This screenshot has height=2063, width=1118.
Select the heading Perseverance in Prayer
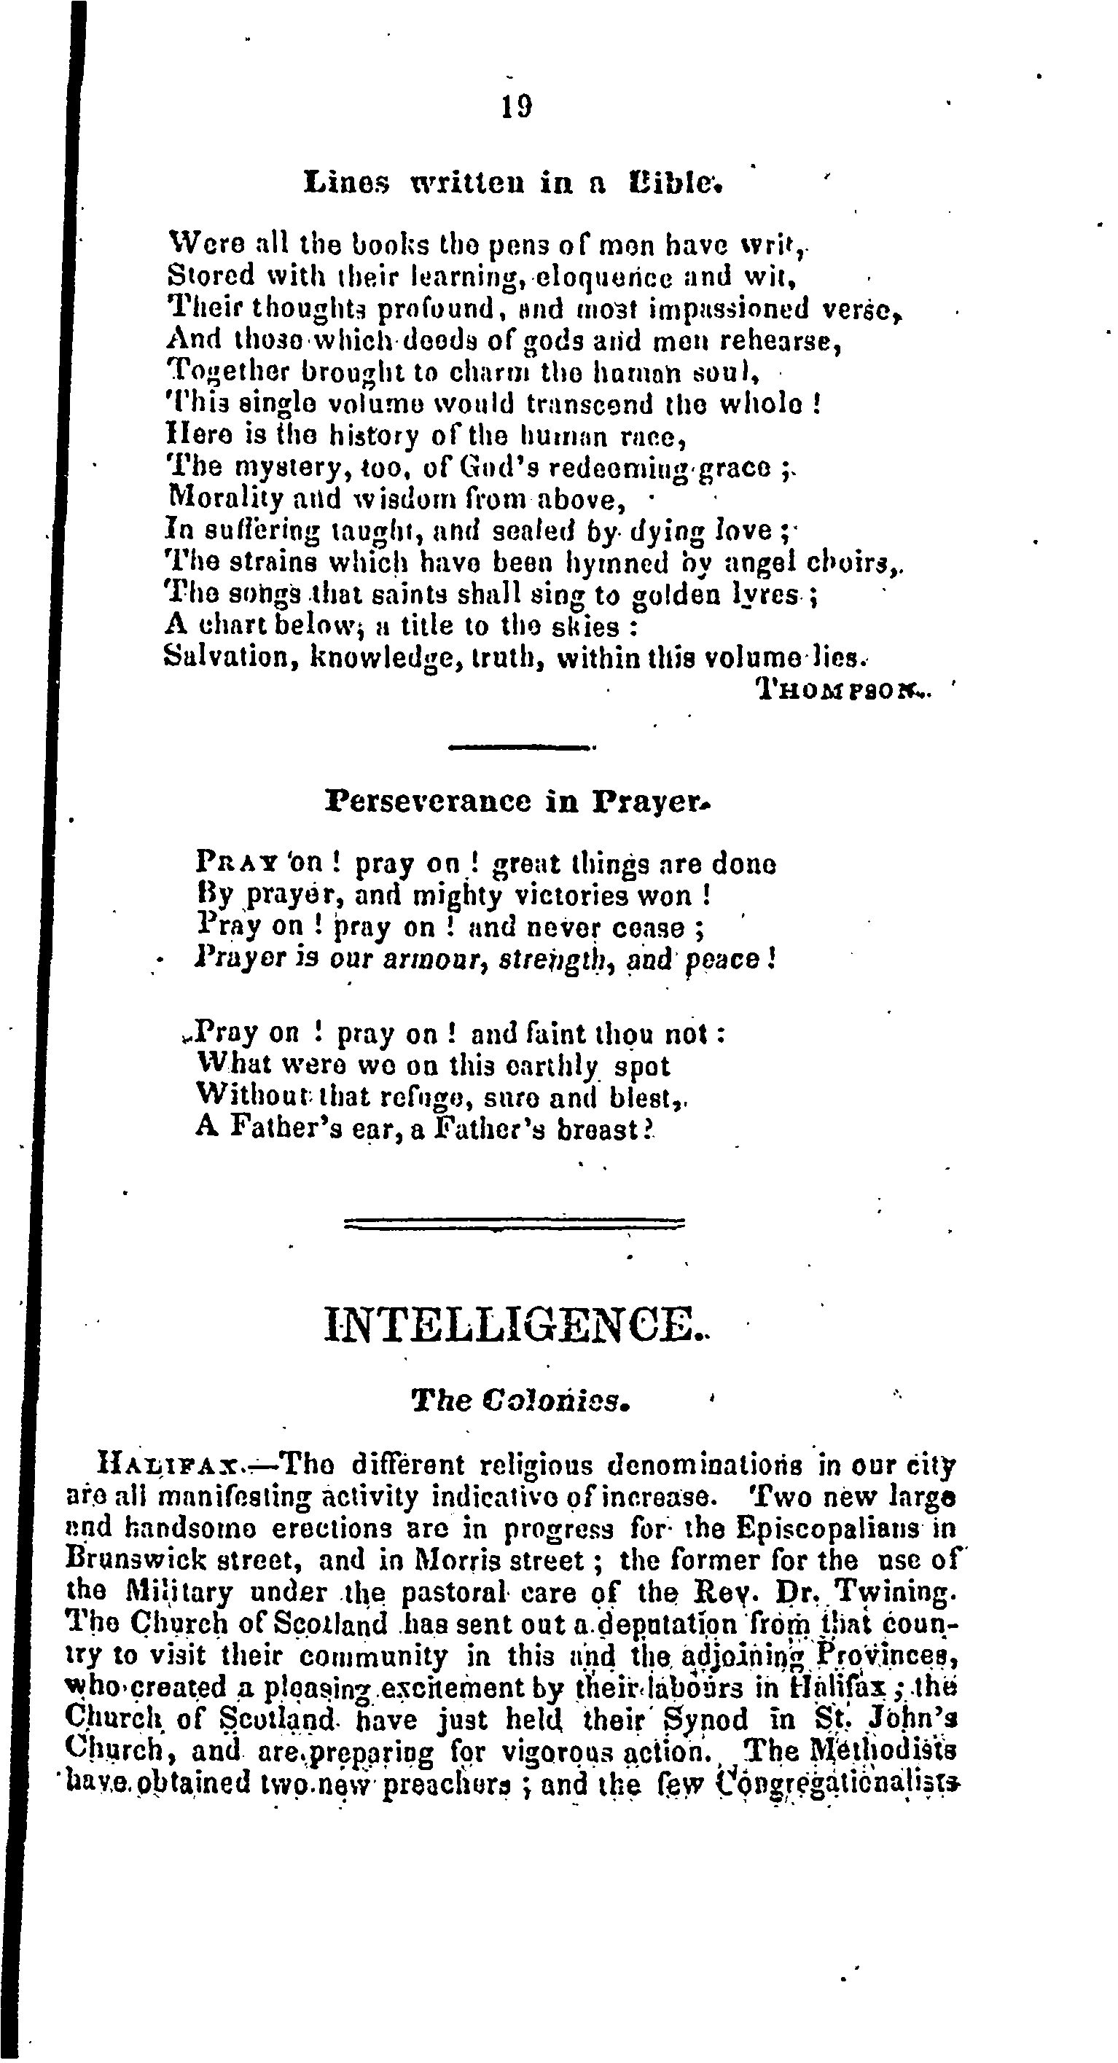[518, 801]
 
